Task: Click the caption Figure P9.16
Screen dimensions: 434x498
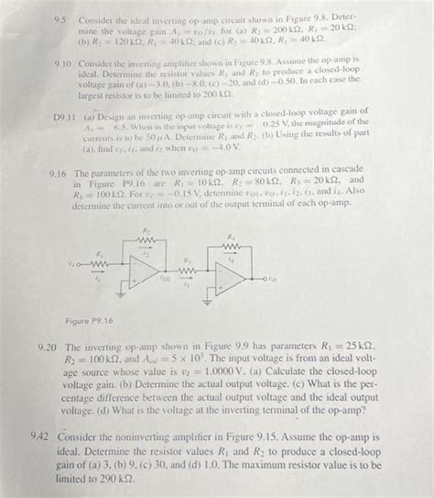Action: [x=90, y=321]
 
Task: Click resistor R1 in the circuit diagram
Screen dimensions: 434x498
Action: [x=103, y=261]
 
